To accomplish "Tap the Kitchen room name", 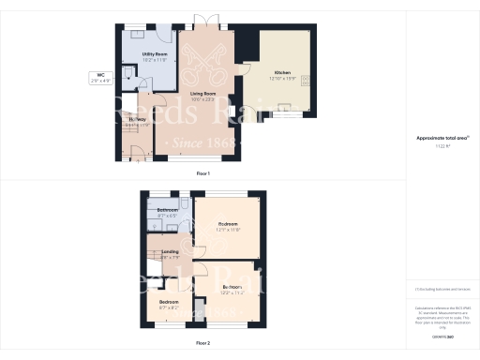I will pyautogui.click(x=283, y=72).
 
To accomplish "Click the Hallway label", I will pyautogui.click(x=137, y=119).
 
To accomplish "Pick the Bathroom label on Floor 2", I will pyautogui.click(x=168, y=210).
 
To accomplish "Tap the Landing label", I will pyautogui.click(x=170, y=252).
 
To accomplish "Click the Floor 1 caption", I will pyautogui.click(x=202, y=174).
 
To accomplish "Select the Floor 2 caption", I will pyautogui.click(x=202, y=345).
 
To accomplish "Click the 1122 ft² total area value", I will pyautogui.click(x=442, y=146).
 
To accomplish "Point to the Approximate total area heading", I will pyautogui.click(x=442, y=138).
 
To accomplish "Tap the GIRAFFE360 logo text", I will pyautogui.click(x=442, y=335).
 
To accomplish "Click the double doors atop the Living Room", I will pyautogui.click(x=202, y=22).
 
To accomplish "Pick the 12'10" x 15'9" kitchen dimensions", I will pyautogui.click(x=283, y=79).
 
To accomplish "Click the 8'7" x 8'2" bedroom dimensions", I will pyautogui.click(x=169, y=307).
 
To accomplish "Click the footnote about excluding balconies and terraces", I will pyautogui.click(x=442, y=291).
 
